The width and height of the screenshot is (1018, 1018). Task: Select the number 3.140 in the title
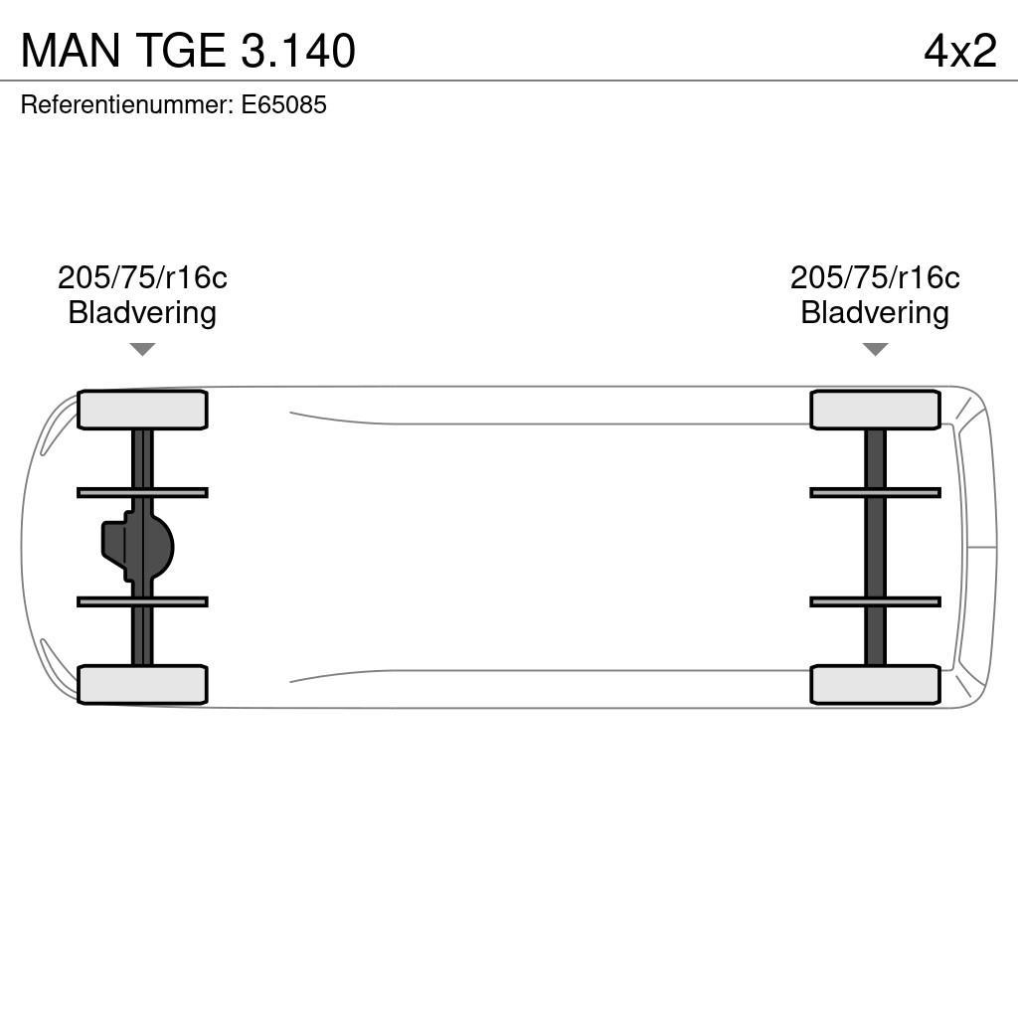[x=297, y=51]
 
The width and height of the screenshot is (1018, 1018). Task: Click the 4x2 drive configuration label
[x=959, y=51]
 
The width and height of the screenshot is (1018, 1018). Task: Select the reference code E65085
[x=283, y=104]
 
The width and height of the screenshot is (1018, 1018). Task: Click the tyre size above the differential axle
[x=142, y=277]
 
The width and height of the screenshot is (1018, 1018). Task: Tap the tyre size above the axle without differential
[x=875, y=277]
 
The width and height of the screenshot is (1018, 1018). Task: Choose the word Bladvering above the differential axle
[x=142, y=312]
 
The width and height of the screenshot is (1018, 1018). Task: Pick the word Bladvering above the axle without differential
[x=875, y=312]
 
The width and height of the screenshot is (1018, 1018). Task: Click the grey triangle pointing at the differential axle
[x=142, y=349]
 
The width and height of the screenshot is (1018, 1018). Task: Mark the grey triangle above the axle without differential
[x=875, y=349]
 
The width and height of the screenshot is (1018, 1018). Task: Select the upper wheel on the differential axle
[x=142, y=410]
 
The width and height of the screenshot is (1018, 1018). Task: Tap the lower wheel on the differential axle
[x=142, y=684]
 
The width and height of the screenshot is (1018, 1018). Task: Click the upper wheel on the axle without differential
[x=875, y=410]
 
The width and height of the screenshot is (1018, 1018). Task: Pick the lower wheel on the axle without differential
[x=875, y=684]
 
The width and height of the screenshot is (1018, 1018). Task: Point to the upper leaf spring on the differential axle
[x=142, y=492]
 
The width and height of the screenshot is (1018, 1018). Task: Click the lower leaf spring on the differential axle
[x=142, y=601]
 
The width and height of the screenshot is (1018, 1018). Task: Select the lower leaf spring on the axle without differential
[x=875, y=601]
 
